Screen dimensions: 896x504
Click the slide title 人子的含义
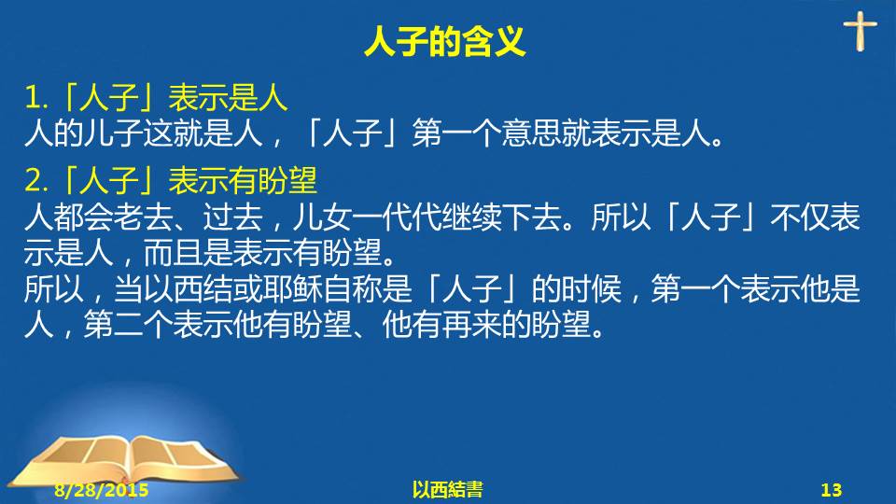[444, 41]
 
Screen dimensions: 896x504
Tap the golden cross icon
[860, 32]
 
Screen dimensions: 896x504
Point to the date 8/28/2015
[101, 490]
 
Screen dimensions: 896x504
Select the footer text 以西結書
[447, 490]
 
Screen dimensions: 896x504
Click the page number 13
[832, 490]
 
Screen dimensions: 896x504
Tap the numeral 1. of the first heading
[36, 97]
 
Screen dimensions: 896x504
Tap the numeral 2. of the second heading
[36, 180]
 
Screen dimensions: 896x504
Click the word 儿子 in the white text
[113, 133]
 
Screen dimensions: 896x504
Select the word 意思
[531, 133]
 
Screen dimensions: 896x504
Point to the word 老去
[143, 217]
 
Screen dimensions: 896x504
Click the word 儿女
[322, 217]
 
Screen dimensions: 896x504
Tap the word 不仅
[800, 217]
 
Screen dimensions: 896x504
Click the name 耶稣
[292, 288]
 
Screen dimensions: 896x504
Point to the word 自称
[352, 288]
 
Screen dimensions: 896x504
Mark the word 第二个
[128, 325]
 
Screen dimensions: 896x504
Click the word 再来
[471, 325]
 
